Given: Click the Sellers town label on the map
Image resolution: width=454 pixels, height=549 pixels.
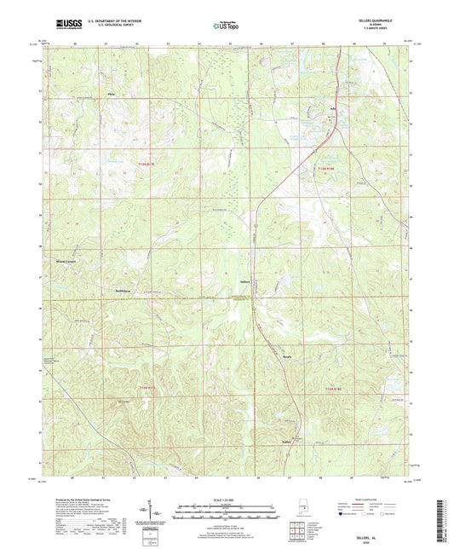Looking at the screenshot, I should click(x=245, y=280).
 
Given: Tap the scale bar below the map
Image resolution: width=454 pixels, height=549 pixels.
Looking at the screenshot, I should click(x=226, y=512).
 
